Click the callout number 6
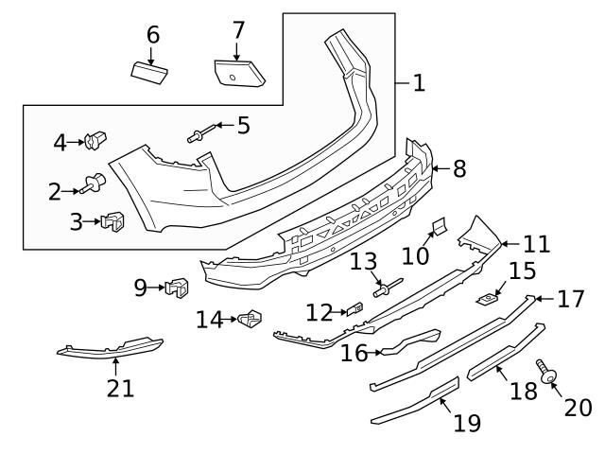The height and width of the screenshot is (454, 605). coord(152,35)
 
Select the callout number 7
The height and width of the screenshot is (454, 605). coord(238,30)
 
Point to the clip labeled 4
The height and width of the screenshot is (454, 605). coord(94,143)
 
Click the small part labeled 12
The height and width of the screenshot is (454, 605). coord(354,307)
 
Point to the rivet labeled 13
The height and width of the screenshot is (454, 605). coord(386,287)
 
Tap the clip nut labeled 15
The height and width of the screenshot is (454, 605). coord(489,299)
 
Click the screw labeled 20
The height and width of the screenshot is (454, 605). coord(545,371)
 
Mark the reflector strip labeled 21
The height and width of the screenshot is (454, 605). coord(110,349)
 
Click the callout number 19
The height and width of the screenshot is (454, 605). coord(467,423)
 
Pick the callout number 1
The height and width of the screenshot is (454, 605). coord(419,83)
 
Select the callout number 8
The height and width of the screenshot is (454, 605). coord(459,169)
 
